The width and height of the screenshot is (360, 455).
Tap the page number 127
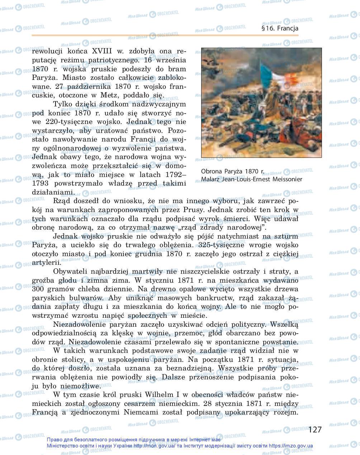315,429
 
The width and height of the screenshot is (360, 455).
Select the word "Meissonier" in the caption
287,179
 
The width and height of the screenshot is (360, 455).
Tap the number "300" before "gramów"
39,289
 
